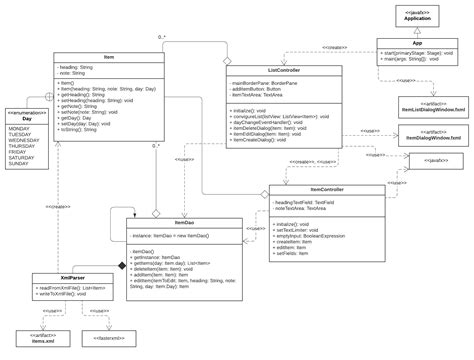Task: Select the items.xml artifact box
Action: tap(44, 339)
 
